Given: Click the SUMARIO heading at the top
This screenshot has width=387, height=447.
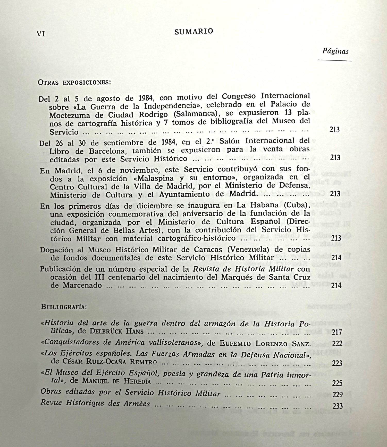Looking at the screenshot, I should point(194,31).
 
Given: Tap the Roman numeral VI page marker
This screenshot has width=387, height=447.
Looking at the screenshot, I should point(41,34).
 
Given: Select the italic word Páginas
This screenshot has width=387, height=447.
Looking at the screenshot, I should point(335,51).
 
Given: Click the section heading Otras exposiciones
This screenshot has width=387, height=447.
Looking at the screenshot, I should point(74,83).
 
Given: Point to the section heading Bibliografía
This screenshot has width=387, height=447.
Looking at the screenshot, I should point(64,307).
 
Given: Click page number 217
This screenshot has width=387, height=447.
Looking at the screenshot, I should point(337,332).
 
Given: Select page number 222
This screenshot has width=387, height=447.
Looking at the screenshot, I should point(337,344).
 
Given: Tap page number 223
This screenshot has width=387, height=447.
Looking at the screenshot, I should point(337,363).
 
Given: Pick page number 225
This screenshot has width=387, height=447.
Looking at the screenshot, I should point(337,383).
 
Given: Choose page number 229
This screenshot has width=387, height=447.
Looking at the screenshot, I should point(338,395).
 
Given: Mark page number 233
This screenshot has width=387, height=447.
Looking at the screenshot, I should point(338,406).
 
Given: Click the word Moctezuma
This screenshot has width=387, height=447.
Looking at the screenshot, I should point(70,115).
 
